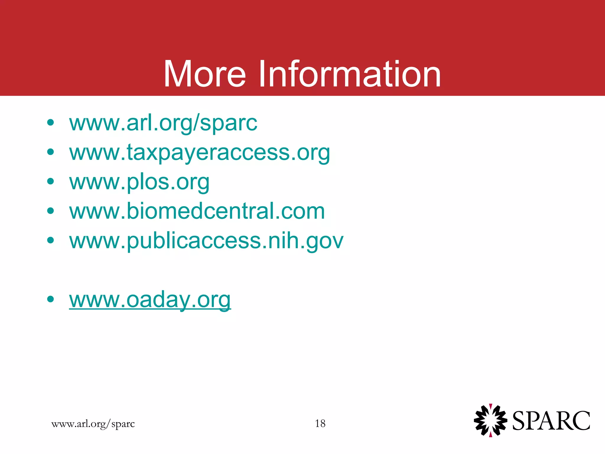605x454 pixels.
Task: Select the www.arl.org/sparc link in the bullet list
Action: (x=163, y=123)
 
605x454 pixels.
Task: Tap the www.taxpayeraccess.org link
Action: (x=199, y=153)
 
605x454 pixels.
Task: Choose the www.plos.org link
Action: (x=139, y=182)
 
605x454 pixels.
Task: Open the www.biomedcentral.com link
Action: (x=197, y=211)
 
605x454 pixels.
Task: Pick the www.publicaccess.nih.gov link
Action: (x=206, y=241)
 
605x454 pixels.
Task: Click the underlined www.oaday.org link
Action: (x=150, y=300)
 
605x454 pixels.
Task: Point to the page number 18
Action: (x=320, y=424)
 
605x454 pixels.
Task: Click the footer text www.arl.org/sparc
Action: (x=93, y=424)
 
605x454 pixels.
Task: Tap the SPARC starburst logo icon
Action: (x=490, y=420)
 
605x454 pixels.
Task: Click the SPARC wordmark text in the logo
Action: (x=551, y=421)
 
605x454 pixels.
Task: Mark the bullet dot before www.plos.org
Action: (x=51, y=181)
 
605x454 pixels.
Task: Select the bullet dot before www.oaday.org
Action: (x=51, y=299)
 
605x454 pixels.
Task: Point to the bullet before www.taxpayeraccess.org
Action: (x=51, y=152)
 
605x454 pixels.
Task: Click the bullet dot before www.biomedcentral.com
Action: (x=51, y=211)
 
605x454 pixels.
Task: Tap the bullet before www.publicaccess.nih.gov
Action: (x=51, y=240)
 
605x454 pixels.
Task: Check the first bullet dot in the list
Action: (x=51, y=122)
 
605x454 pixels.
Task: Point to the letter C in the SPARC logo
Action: (x=579, y=421)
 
